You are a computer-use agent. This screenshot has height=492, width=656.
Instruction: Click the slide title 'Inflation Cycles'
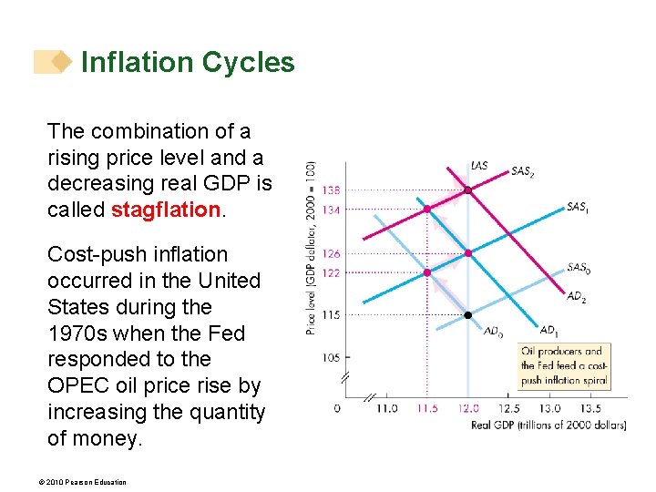tap(188, 62)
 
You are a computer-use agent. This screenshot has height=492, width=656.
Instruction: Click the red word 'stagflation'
tap(165, 210)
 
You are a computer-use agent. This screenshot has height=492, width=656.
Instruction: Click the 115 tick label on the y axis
tap(331, 315)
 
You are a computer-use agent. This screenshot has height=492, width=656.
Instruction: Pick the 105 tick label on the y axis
tap(331, 358)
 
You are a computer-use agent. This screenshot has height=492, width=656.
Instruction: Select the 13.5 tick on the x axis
tap(590, 408)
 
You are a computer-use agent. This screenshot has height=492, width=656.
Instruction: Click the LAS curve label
tap(479, 166)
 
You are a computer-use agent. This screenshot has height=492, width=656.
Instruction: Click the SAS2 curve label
tap(523, 170)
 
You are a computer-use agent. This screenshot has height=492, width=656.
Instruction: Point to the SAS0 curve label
tap(578, 268)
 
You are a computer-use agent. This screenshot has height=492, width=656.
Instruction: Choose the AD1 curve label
tap(548, 330)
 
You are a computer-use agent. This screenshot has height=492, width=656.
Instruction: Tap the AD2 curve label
tap(576, 296)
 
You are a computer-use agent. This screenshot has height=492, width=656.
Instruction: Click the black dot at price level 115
tap(467, 315)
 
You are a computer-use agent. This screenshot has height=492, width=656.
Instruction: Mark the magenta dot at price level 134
tap(426, 209)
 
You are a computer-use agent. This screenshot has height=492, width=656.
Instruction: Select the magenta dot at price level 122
tap(426, 272)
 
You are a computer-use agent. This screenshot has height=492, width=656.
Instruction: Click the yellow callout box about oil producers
tap(563, 366)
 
